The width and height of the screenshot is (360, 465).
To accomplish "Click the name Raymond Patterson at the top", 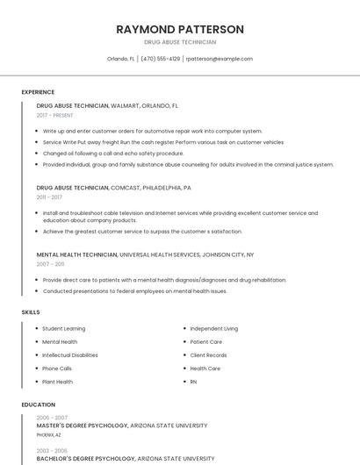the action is pyautogui.click(x=180, y=29).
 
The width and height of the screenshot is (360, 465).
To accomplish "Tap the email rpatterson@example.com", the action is pyautogui.click(x=219, y=59).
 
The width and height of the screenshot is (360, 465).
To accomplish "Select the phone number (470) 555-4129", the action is pyautogui.click(x=161, y=59).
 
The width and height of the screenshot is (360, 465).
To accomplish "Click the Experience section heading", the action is pyautogui.click(x=38, y=92).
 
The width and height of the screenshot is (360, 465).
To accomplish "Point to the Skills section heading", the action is pyautogui.click(x=31, y=311).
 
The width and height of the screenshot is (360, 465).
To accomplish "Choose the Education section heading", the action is pyautogui.click(x=38, y=404).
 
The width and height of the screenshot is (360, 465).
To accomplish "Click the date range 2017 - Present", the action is pyautogui.click(x=56, y=115).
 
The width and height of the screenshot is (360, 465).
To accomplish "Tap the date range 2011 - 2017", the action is pyautogui.click(x=49, y=197).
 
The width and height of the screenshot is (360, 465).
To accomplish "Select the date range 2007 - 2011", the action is pyautogui.click(x=50, y=263).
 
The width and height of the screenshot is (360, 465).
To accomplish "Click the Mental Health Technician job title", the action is pyautogui.click(x=76, y=254).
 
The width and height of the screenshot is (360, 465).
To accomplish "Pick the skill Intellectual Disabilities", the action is pyautogui.click(x=70, y=355).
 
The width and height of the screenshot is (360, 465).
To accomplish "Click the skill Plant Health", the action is pyautogui.click(x=58, y=382).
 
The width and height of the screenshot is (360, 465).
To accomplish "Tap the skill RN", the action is pyautogui.click(x=193, y=382).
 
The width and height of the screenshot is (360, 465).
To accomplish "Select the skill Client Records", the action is pyautogui.click(x=208, y=355).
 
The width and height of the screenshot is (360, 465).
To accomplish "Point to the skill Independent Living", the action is pyautogui.click(x=213, y=328).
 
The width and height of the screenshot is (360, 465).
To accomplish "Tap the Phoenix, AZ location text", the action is pyautogui.click(x=49, y=434).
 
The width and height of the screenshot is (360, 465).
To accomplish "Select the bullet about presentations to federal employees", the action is pyautogui.click(x=134, y=290).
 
